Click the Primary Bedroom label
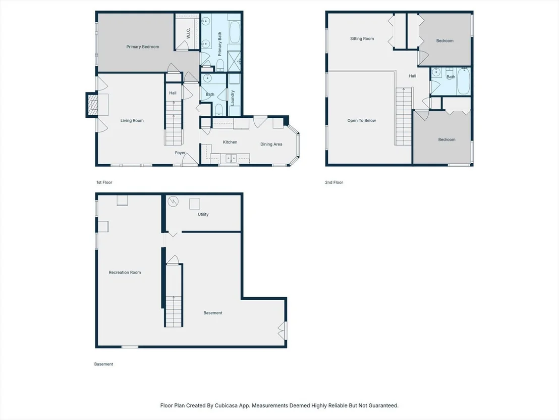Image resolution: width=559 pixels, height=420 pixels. [143, 47]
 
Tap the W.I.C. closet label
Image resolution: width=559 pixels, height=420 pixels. [188, 33]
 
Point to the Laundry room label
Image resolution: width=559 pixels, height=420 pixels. [233, 98]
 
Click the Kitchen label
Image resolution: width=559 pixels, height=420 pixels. [230, 142]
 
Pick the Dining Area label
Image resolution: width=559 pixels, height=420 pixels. [271, 144]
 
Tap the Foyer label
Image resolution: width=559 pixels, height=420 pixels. [180, 153]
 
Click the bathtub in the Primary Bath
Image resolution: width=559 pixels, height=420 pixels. [235, 32]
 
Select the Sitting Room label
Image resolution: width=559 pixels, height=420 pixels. [362, 38]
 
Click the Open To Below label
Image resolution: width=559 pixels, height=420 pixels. [362, 121]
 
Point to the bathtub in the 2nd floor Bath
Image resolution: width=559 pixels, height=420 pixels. [464, 81]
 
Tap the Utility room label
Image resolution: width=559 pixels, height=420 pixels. [203, 214]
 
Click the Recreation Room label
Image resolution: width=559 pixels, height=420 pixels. [125, 272]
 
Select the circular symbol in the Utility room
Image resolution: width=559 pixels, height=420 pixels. [173, 202]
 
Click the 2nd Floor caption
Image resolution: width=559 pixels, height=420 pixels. [334, 182]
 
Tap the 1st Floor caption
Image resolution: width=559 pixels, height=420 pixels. [104, 182]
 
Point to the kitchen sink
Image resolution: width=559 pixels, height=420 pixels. [231, 158]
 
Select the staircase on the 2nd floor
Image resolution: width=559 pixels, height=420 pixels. [404, 116]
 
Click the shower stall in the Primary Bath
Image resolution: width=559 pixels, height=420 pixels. [234, 61]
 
